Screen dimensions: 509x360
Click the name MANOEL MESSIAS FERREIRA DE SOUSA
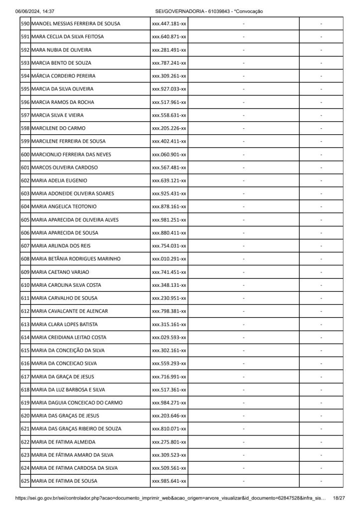76,24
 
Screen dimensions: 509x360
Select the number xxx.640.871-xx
169,37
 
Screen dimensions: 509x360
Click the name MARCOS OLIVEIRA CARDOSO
64,168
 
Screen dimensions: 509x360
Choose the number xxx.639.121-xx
169,180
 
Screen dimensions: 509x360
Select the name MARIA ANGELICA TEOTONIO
64,206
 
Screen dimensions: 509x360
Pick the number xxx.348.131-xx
169,285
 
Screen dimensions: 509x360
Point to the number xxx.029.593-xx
169,338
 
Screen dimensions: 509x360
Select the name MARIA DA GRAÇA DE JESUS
62,376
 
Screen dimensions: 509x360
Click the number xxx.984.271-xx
169,403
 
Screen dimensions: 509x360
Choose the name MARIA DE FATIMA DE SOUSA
64,481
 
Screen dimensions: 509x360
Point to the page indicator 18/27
339,498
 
